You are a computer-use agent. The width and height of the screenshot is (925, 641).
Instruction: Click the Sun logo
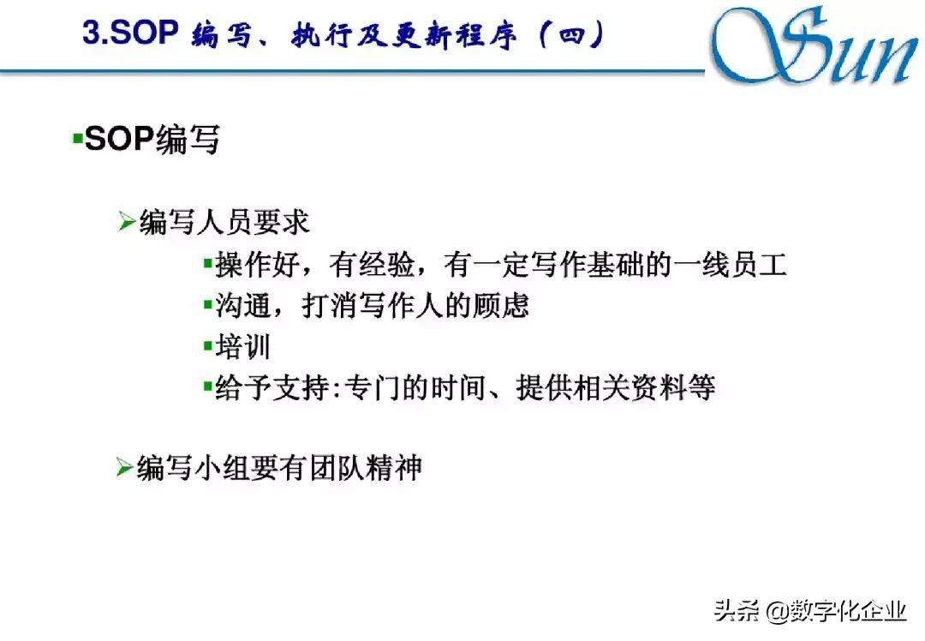[815, 46]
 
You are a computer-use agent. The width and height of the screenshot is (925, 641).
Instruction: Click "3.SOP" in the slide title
[130, 32]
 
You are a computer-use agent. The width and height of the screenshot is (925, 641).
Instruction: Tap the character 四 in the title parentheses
[571, 35]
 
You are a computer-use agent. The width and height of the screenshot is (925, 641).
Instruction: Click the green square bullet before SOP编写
[77, 139]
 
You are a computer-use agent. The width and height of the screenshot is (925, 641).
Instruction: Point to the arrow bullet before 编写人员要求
[127, 221]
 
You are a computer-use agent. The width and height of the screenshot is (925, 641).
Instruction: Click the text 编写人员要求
[224, 222]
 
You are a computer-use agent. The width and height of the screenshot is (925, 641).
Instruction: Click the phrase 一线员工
[730, 264]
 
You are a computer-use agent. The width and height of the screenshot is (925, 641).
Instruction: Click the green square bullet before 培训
[207, 346]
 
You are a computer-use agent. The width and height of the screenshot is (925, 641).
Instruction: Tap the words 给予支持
[272, 388]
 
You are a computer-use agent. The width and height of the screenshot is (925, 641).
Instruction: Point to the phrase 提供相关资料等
[616, 388]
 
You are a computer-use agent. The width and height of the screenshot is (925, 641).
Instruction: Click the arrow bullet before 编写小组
[125, 467]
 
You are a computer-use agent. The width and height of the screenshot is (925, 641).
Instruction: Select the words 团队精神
[366, 468]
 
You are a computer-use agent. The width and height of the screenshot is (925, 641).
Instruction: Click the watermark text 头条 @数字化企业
[810, 611]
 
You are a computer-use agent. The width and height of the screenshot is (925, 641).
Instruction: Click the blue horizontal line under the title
[353, 72]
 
